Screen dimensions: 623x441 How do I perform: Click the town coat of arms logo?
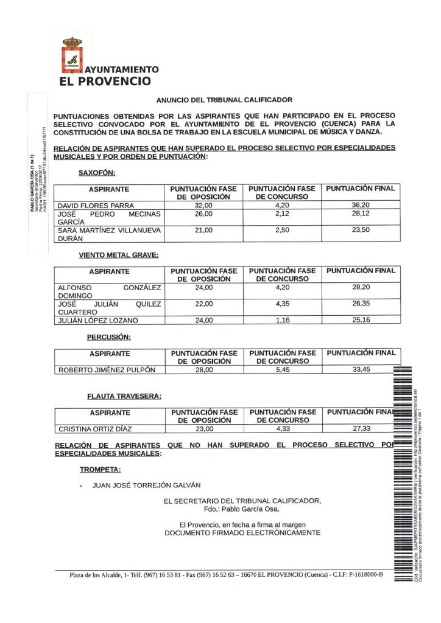(72, 55)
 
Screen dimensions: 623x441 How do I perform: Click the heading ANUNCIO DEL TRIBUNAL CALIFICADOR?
(224, 100)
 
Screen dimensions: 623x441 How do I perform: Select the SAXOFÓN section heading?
(97, 173)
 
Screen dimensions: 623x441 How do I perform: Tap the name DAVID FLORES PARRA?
(95, 206)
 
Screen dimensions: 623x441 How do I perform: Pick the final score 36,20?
(361, 206)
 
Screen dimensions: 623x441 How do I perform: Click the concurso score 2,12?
(282, 214)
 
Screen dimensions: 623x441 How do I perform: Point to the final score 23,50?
(361, 230)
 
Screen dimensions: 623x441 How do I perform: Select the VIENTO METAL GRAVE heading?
(119, 256)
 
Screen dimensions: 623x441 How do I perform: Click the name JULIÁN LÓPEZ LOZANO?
(97, 321)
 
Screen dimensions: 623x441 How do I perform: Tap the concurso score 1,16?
(282, 321)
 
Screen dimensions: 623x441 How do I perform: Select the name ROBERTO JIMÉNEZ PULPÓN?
(107, 370)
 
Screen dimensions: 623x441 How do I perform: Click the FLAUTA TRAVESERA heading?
(124, 397)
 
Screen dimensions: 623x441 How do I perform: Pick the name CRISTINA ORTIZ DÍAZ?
(94, 429)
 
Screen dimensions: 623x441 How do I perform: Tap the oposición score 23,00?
(203, 429)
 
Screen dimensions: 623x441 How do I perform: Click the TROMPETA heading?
(100, 469)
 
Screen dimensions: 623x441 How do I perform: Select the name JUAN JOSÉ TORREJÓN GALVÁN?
(146, 486)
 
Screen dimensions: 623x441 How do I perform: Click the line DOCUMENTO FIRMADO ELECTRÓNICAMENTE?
(242, 532)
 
